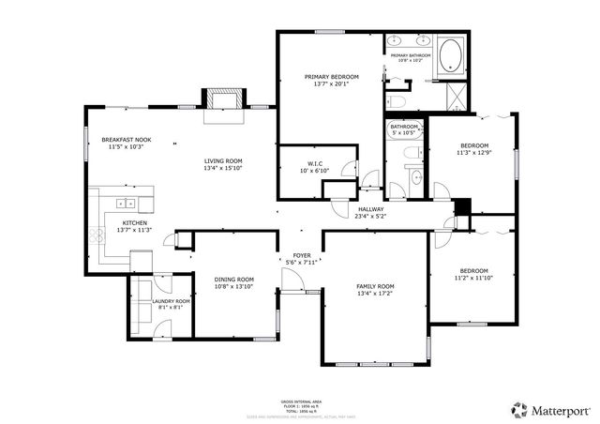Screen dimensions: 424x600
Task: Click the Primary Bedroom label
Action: point(329,76)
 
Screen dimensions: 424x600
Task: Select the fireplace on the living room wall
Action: point(225,98)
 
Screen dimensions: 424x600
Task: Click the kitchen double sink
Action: point(124,204)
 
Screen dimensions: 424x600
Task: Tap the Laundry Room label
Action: point(171,301)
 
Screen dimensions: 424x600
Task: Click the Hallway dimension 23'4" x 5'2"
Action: point(370,217)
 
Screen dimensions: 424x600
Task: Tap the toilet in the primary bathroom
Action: point(397,99)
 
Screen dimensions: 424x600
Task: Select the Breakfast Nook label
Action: point(127,140)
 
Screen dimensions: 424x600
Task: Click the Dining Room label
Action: point(232,280)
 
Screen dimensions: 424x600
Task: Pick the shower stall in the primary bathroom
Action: point(456,97)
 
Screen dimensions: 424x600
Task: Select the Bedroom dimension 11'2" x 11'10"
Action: point(473,279)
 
